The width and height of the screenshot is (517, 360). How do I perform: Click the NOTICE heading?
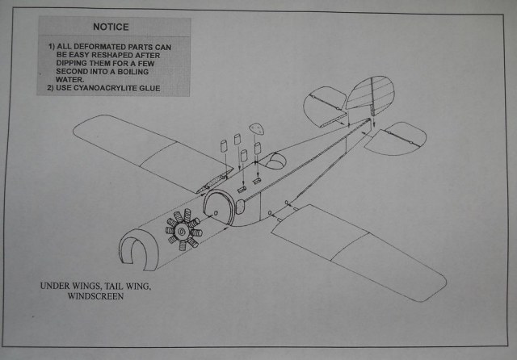(x=112, y=27)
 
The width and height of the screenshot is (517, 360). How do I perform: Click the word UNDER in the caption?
(x=54, y=286)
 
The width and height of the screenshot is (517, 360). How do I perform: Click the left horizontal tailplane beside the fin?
(x=325, y=109)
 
